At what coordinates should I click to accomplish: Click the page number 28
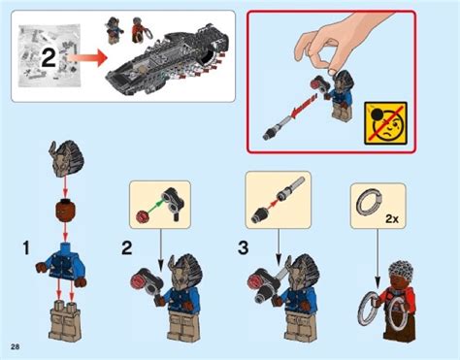tap(15, 347)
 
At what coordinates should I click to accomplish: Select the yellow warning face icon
tap(385, 123)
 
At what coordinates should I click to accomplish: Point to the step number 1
tap(26, 249)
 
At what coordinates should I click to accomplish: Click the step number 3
tap(244, 248)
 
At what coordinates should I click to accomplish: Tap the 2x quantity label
tap(392, 219)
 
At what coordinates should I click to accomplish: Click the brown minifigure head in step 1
tap(65, 211)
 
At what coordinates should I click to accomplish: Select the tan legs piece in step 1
tap(66, 319)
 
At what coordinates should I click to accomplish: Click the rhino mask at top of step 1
tap(65, 157)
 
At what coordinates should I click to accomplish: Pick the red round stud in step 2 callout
tap(143, 216)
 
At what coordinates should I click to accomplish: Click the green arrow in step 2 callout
tap(157, 207)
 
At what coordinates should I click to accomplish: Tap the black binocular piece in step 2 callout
tap(173, 203)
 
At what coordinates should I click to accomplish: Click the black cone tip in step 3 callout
tap(259, 213)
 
